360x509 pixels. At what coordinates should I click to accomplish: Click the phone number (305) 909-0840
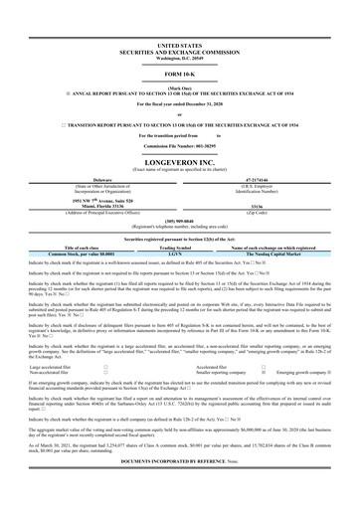coord(179,222)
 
